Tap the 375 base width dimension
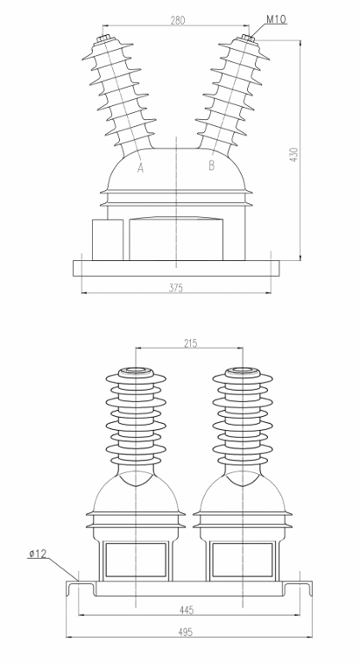click(176, 286)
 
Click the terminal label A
click(141, 168)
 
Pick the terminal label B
click(211, 165)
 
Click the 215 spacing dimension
click(189, 343)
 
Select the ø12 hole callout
click(38, 553)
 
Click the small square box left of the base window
click(107, 238)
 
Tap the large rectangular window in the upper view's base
click(176, 237)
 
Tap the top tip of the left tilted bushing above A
click(107, 38)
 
